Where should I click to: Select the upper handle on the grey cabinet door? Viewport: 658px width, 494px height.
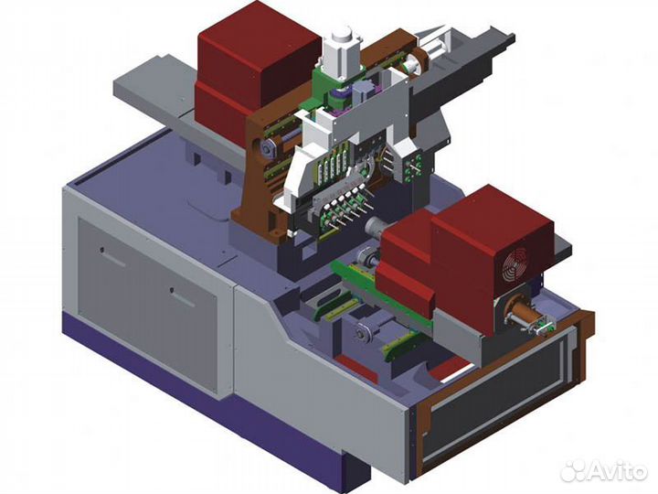pyautogui.click(x=112, y=257)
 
